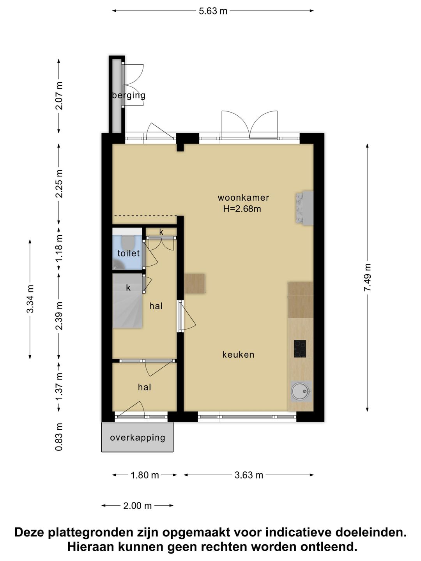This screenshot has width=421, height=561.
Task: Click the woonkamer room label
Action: click(243, 198)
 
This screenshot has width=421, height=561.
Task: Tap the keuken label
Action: click(238, 355)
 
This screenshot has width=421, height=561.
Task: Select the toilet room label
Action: click(128, 253)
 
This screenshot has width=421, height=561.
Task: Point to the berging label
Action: click(129, 95)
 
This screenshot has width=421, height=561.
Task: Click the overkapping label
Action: click(138, 438)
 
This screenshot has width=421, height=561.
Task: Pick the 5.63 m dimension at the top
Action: click(213, 11)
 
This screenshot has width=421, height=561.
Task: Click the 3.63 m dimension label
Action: click(249, 475)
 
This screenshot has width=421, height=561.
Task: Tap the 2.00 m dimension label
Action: click(138, 506)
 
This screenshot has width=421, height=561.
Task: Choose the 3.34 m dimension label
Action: click(30, 299)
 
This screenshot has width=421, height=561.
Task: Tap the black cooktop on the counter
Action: click(300, 349)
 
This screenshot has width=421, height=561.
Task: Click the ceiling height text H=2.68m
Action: click(242, 209)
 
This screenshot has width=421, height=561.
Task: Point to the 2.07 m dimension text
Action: click(59, 95)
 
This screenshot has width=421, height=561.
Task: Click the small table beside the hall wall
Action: click(195, 284)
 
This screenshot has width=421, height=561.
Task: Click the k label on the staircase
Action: click(128, 288)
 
